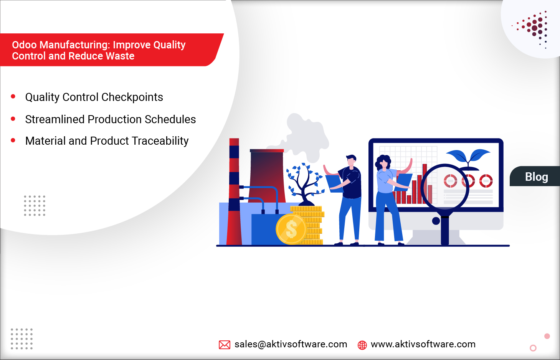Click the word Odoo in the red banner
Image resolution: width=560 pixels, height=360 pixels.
tap(24, 45)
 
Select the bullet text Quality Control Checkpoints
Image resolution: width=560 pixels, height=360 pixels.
tap(94, 97)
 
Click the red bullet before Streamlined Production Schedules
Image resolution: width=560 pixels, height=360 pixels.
tap(13, 119)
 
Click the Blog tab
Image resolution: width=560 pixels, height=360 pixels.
tap(536, 177)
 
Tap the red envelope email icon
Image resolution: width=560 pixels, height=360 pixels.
tap(225, 345)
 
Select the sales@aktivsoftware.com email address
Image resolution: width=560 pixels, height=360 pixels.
tap(291, 344)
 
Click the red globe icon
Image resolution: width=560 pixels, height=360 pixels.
tap(362, 345)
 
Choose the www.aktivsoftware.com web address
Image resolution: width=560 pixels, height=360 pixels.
tap(423, 344)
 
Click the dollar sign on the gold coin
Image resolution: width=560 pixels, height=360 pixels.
tap(291, 230)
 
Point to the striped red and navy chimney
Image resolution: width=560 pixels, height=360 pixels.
tap(234, 192)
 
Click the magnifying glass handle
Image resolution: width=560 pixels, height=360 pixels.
tap(445, 230)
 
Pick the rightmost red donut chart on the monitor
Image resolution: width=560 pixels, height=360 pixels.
tap(486, 181)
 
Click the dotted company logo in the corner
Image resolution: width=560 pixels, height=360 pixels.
tap(534, 28)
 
